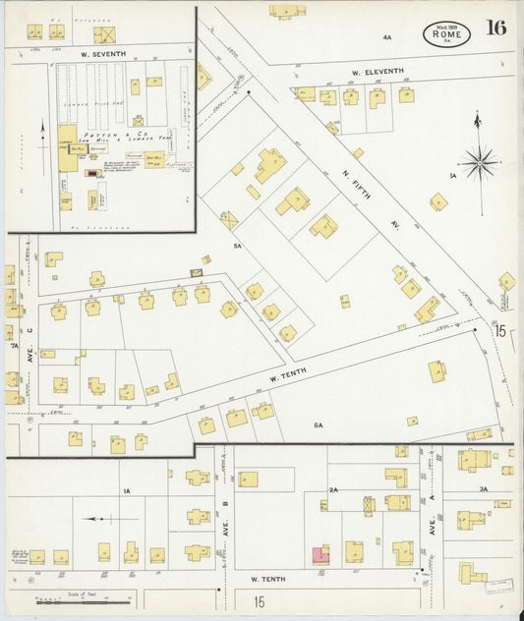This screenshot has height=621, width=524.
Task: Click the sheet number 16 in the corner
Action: [x=495, y=28]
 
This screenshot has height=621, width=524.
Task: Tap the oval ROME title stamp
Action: [x=446, y=34]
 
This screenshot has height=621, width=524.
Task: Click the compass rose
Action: [x=479, y=162]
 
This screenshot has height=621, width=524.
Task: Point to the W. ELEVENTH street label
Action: [x=378, y=72]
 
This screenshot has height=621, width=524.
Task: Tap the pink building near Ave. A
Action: [x=320, y=555]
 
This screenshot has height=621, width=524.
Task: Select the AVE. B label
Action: [x=225, y=509]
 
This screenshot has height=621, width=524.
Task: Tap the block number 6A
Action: [x=318, y=424]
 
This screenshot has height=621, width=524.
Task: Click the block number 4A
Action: [x=386, y=37]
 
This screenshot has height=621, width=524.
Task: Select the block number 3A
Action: [x=483, y=488]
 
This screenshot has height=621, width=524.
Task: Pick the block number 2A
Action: [x=333, y=488]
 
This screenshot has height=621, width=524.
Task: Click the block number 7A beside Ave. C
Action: [x=14, y=346]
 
